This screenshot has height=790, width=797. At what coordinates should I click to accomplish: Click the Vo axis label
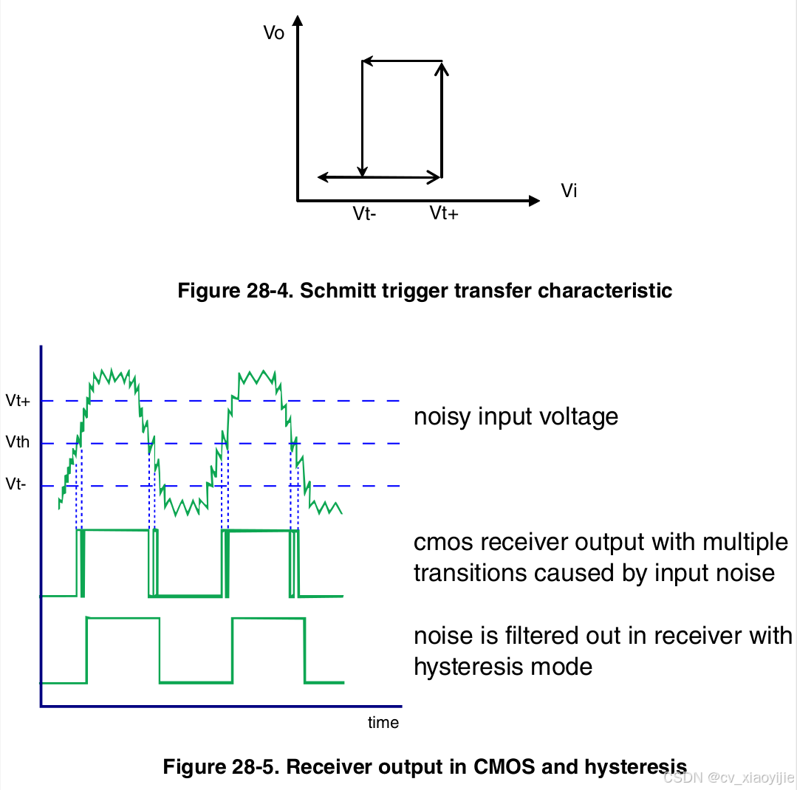tap(274, 33)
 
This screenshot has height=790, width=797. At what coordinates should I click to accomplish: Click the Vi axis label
tap(569, 191)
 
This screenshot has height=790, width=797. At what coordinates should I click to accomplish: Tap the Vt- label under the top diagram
tap(365, 214)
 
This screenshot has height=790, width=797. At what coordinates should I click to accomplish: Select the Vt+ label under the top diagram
tap(444, 214)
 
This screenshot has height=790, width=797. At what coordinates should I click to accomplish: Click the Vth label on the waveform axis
tap(18, 443)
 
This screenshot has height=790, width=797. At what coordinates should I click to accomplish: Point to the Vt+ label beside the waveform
tap(18, 401)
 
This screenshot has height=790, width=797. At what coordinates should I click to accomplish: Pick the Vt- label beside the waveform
tap(16, 485)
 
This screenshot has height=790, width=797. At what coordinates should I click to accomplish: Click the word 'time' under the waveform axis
tap(383, 723)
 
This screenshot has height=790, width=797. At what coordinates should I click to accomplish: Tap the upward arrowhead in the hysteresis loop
tap(442, 68)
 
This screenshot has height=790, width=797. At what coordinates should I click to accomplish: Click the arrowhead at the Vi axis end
tap(533, 200)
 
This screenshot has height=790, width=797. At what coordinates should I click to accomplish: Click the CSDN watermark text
tap(728, 777)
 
